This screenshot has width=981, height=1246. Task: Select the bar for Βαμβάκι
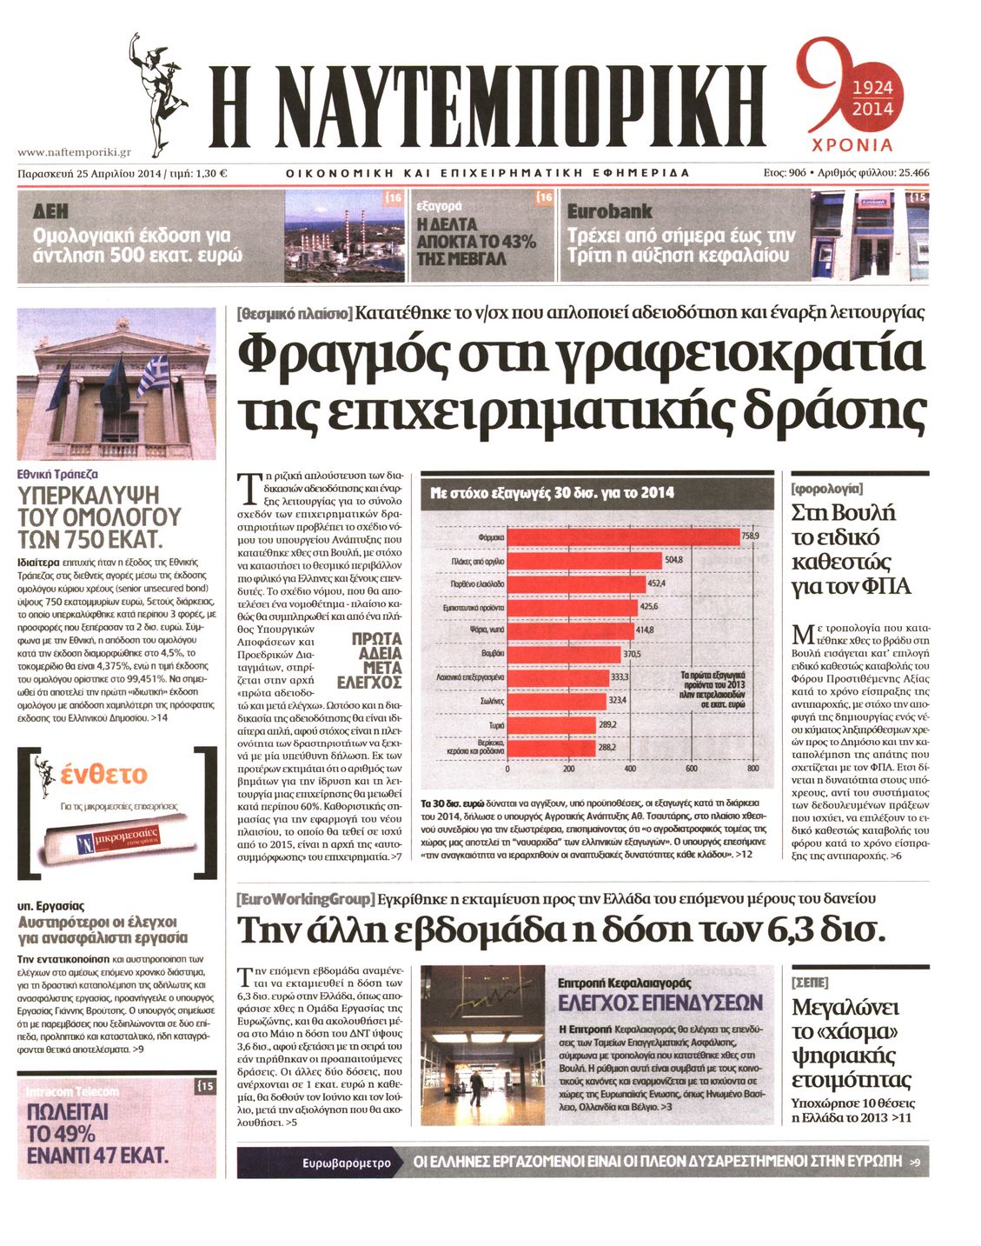point(563,654)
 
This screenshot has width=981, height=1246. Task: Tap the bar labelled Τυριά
point(551,724)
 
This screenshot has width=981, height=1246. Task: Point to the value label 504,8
point(673,560)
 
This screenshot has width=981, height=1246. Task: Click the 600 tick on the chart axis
point(692,769)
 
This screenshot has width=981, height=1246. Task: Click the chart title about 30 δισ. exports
point(552,493)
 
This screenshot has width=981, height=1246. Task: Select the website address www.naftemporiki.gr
point(74,151)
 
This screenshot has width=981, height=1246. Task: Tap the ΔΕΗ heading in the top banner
point(50,211)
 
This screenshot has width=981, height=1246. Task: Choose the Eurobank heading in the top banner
point(609,211)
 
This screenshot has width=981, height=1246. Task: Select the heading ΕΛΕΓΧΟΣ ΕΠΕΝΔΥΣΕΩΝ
point(660,1003)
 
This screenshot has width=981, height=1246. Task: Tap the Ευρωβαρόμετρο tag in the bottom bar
point(347,1163)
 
